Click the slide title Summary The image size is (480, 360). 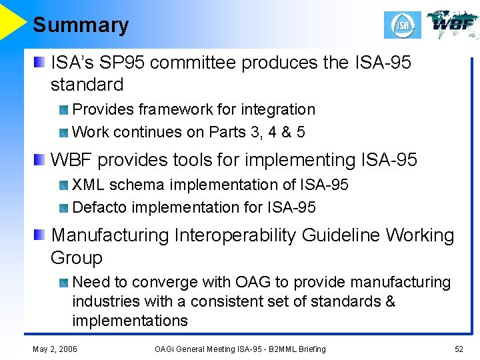81,25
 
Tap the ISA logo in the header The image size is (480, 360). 403,25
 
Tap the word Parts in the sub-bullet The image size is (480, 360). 227,132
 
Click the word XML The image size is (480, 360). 87,184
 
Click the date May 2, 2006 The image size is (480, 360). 55,349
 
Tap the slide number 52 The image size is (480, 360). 459,349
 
